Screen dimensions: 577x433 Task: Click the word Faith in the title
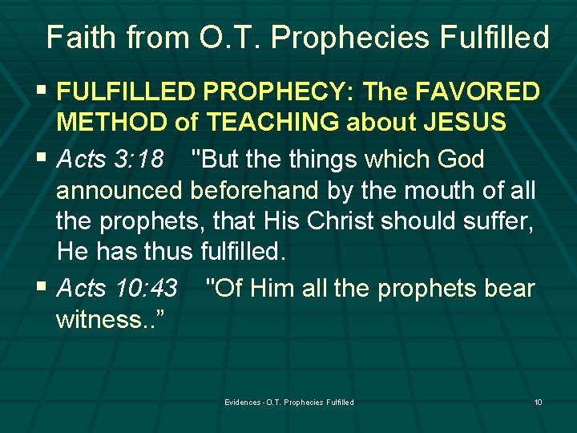(x=81, y=37)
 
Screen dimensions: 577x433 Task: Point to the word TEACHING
(x=272, y=121)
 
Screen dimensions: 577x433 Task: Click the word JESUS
(x=465, y=121)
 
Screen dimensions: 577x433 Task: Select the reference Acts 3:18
(x=110, y=159)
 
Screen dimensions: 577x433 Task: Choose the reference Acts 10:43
(x=117, y=288)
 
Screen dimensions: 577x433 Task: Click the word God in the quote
(x=460, y=159)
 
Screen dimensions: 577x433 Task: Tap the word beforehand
(x=254, y=190)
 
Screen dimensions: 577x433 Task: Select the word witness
(x=98, y=319)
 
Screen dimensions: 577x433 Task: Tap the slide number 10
(x=538, y=402)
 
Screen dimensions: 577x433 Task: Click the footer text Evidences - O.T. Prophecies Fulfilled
(x=289, y=402)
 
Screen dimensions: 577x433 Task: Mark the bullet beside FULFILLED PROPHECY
(x=42, y=89)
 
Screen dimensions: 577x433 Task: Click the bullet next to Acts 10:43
(x=42, y=285)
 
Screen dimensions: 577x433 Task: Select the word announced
(x=119, y=191)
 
